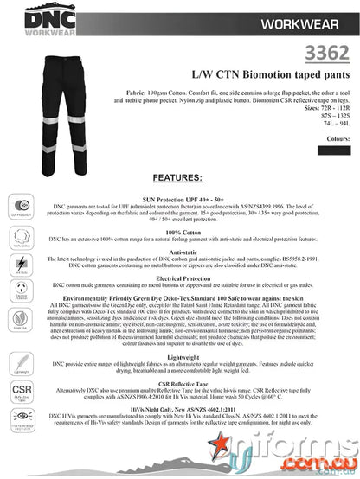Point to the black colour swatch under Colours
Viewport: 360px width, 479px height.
[x=336, y=150]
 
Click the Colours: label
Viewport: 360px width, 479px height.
[x=338, y=137]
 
